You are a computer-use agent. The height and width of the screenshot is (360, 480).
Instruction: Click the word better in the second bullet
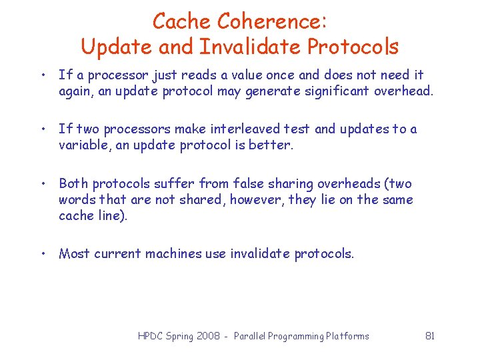(271, 145)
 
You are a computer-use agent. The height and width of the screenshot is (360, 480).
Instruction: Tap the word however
(257, 199)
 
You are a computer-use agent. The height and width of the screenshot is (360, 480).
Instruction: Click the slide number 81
(430, 336)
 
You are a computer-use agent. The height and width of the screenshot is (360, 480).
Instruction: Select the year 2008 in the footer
(207, 336)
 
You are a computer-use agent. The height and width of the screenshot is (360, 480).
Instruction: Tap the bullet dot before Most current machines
(42, 253)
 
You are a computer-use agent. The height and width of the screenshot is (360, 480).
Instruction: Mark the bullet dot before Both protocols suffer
(42, 183)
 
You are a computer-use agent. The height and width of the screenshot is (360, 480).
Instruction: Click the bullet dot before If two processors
(42, 129)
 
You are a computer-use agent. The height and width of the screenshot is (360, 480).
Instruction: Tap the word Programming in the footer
(291, 336)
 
